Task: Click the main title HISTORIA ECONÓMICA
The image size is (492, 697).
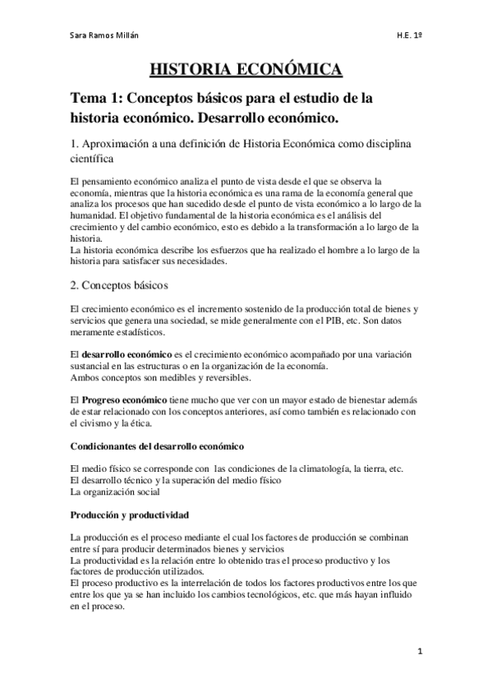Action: pos(246,69)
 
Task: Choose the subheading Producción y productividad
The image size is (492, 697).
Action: pos(130,515)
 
